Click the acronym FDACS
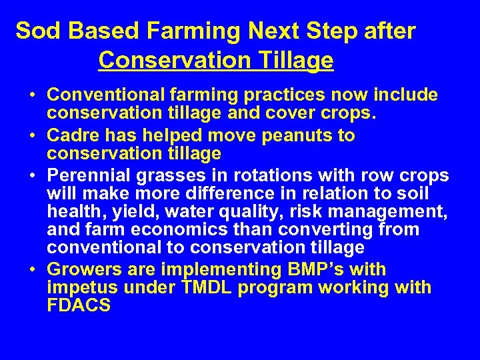click(x=79, y=306)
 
